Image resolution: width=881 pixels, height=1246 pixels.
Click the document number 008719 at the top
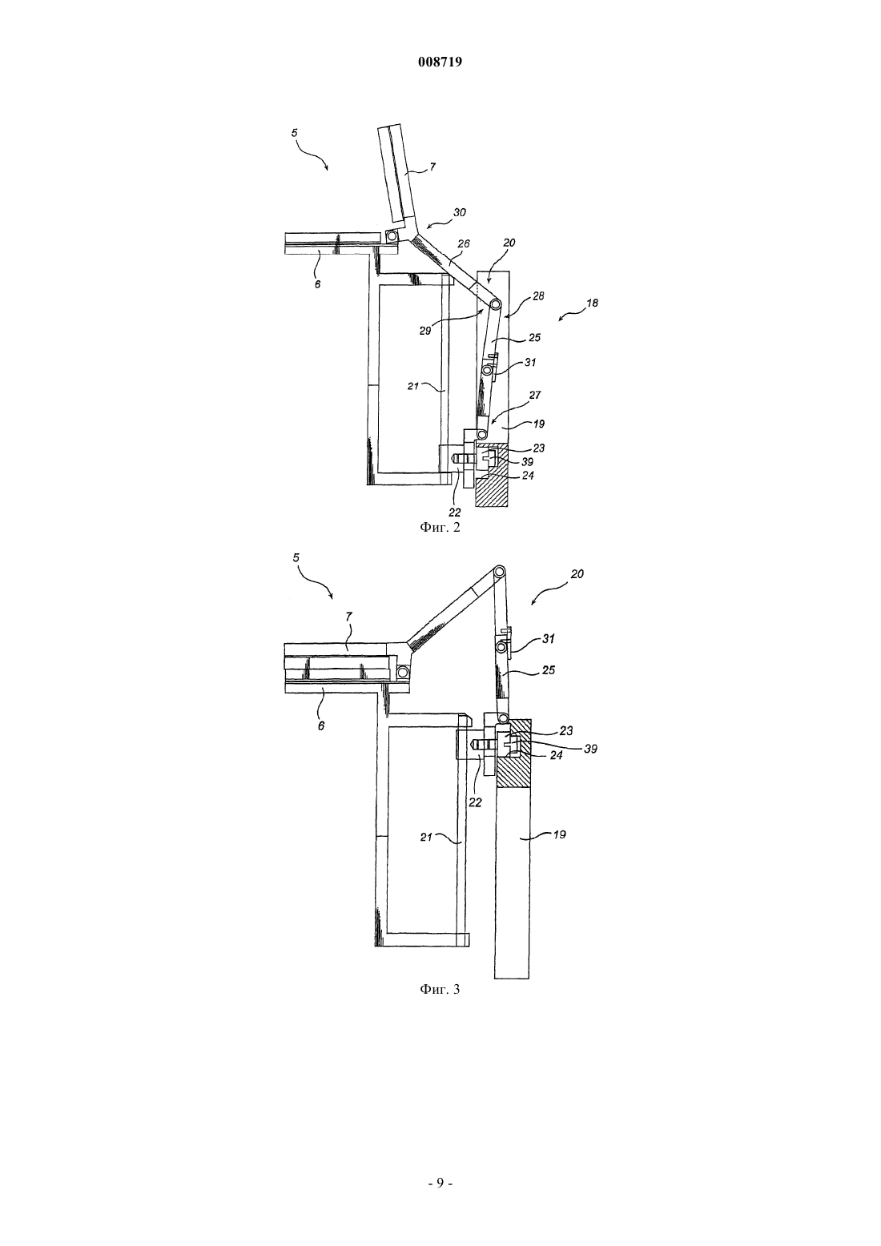click(x=440, y=62)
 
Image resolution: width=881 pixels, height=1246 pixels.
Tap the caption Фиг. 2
click(x=440, y=527)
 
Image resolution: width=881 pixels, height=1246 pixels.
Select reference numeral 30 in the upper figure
click(x=460, y=212)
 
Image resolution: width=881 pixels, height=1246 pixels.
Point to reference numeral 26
click(x=464, y=243)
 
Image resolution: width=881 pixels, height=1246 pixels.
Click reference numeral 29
click(x=425, y=331)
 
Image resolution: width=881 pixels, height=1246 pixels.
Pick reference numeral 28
click(x=538, y=296)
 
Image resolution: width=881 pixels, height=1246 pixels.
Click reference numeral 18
click(x=593, y=303)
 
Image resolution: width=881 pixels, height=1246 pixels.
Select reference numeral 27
click(x=535, y=396)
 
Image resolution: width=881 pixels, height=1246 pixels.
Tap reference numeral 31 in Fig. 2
click(x=530, y=363)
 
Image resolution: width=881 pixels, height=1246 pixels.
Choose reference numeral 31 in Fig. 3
click(x=549, y=639)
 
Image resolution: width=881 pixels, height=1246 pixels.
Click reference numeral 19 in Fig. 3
click(x=560, y=834)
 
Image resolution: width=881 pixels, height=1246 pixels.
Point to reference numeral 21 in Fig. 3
click(x=426, y=837)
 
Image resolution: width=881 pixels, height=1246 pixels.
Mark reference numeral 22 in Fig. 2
click(x=454, y=512)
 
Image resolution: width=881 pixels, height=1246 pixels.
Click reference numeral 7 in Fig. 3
click(x=348, y=617)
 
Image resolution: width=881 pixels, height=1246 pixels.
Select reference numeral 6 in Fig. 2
click(x=318, y=283)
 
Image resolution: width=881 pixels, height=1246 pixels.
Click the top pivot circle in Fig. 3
click(x=500, y=571)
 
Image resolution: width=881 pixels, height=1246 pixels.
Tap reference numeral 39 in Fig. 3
click(x=591, y=750)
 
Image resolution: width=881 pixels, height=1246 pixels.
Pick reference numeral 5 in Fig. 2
click(x=295, y=133)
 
